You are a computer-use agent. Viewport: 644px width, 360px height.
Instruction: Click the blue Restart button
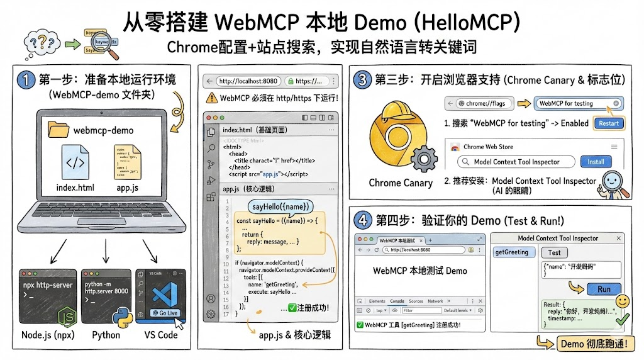click(608, 123)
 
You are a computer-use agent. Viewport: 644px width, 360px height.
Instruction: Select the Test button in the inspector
click(554, 252)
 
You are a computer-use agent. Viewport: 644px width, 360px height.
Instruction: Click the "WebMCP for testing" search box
click(578, 103)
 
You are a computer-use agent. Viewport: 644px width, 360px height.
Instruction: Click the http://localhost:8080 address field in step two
click(248, 81)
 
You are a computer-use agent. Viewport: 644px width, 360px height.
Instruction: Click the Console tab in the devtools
click(397, 301)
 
